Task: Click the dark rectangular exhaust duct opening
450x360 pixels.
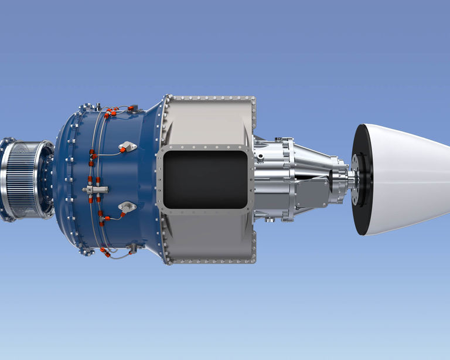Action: coord(205,179)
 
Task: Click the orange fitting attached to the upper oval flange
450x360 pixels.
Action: coord(122,150)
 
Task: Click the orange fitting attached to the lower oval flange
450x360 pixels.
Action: coord(122,214)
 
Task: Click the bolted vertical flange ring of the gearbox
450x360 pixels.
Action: coord(288,179)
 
